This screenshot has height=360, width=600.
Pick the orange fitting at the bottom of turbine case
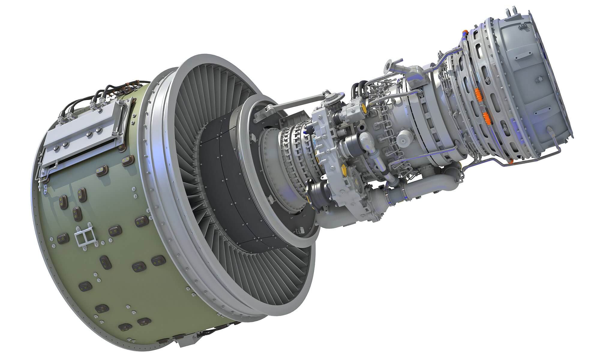point(510,162)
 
